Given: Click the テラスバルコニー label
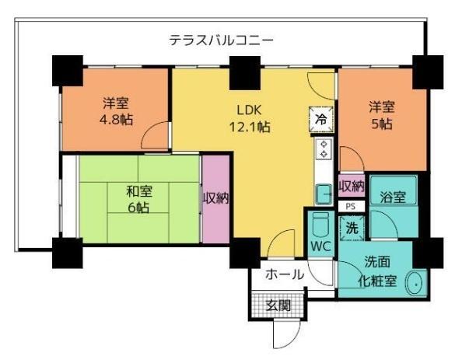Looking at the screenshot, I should pyautogui.click(x=222, y=40).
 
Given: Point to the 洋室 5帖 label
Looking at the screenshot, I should pyautogui.click(x=380, y=115).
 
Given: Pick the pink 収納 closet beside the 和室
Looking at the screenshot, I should pyautogui.click(x=215, y=197).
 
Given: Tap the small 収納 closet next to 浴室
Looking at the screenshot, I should pyautogui.click(x=352, y=186).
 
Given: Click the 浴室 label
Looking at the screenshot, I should pyautogui.click(x=393, y=197).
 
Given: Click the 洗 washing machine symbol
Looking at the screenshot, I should pyautogui.click(x=352, y=229).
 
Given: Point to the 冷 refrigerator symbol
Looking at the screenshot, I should pyautogui.click(x=320, y=119).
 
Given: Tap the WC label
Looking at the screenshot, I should pyautogui.click(x=320, y=246).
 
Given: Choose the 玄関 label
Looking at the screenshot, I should pyautogui.click(x=278, y=304).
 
